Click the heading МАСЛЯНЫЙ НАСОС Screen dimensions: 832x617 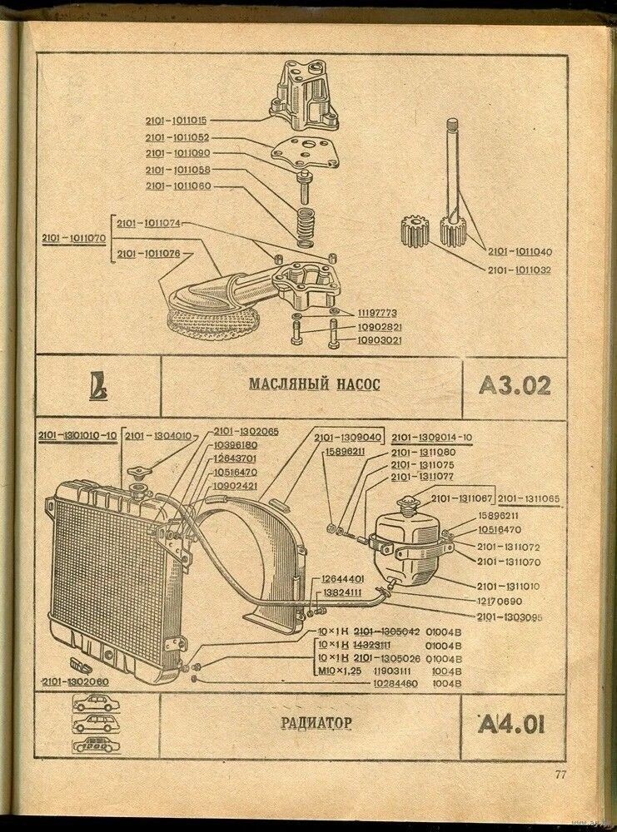coord(314,384)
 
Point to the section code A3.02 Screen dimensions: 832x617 coord(515,385)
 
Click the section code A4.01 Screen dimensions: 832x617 coord(512,725)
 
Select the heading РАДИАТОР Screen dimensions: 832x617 coord(316,723)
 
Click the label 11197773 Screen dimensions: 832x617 coord(380,312)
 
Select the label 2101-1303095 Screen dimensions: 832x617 coord(510,617)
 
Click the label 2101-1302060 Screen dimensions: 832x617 coord(72,681)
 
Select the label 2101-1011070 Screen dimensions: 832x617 coord(72,239)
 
